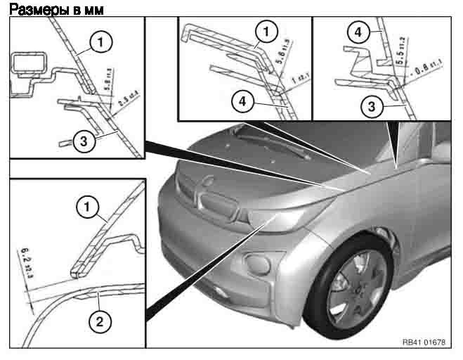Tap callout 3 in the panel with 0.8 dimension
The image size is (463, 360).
(367, 105)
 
